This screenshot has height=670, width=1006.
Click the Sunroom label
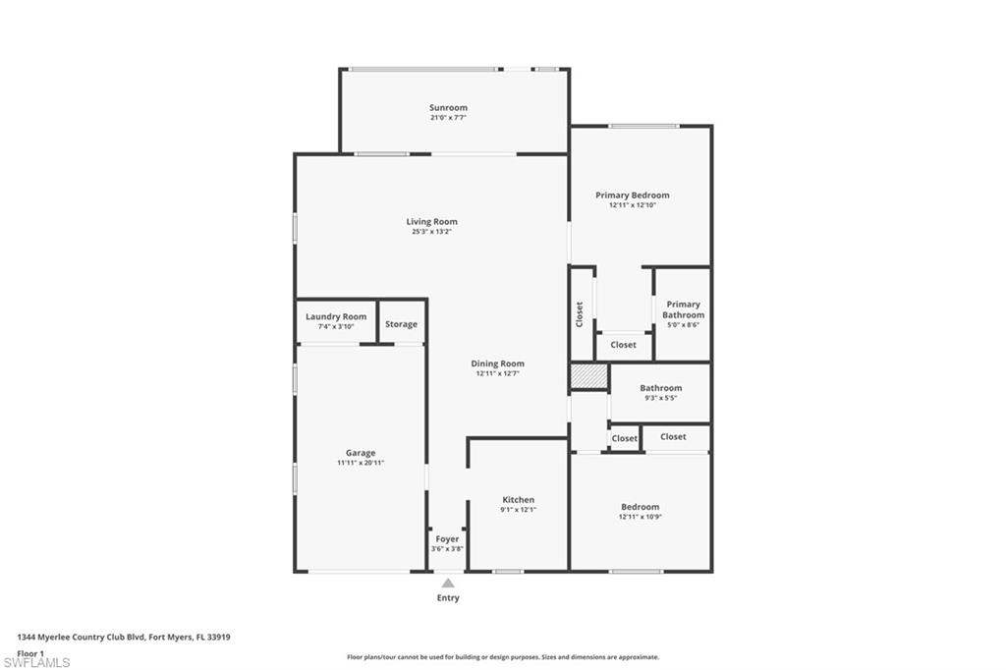point(448,108)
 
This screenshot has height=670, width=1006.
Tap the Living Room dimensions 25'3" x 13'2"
point(432,233)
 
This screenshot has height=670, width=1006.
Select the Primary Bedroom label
point(632,195)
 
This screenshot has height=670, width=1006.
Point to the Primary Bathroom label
point(683,309)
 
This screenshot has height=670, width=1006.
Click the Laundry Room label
point(336,316)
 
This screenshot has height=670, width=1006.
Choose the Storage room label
point(401,324)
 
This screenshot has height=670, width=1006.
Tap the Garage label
point(361,453)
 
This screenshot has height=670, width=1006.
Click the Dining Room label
point(497,363)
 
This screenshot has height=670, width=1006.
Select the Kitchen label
point(518,500)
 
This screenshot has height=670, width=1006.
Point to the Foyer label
point(447,538)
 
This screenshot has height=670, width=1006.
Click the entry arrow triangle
point(448,584)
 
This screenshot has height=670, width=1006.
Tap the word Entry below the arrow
point(448,598)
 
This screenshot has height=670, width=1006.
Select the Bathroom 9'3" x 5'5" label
point(660,388)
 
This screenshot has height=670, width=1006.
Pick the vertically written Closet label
point(580,314)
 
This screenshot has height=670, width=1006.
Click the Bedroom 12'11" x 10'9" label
point(640,507)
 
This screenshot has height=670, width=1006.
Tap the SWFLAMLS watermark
point(37,662)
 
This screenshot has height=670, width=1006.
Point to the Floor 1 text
point(31,652)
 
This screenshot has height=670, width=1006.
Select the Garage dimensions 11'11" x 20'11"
point(361,463)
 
